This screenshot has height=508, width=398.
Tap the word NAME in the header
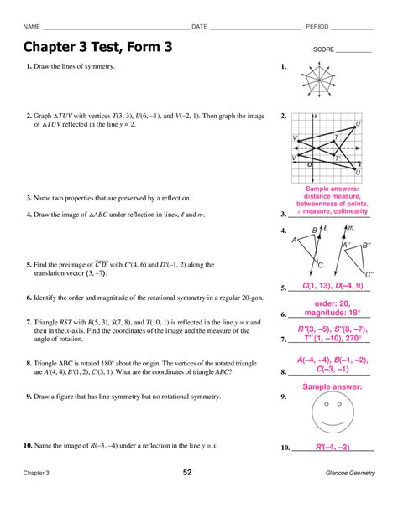pyautogui.click(x=34, y=27)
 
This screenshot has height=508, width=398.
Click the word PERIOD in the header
pyautogui.click(x=317, y=27)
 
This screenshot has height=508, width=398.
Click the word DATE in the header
pyautogui.click(x=199, y=27)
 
